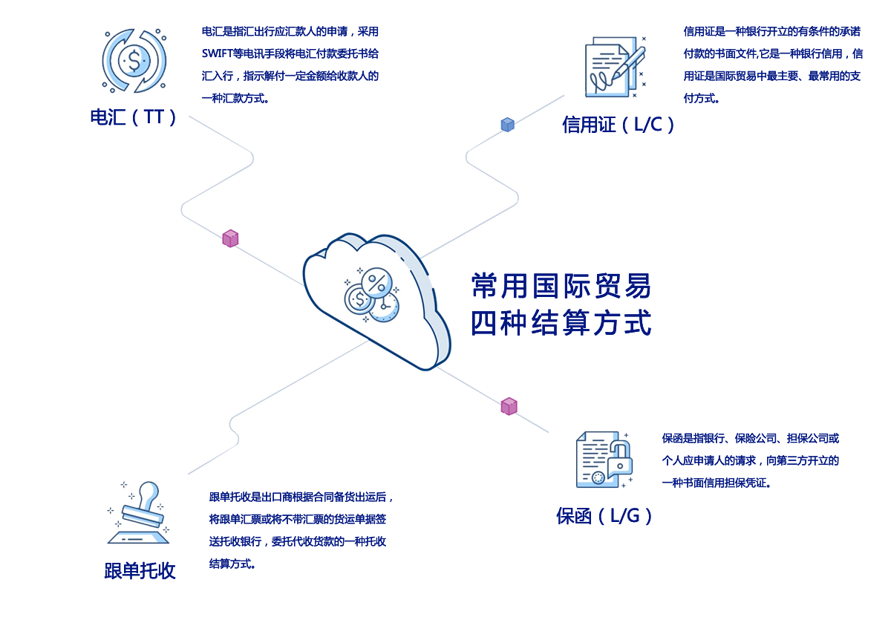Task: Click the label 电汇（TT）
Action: coord(133,117)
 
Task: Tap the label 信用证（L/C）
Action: coord(618,124)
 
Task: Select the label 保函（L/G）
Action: coord(604,515)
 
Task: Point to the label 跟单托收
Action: coord(140,570)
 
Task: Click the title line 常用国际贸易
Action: coord(561,286)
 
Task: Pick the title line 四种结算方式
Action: coord(561,323)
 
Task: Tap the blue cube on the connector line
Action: coord(507,124)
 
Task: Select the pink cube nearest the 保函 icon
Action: coord(509,406)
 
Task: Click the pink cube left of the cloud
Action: coord(230,238)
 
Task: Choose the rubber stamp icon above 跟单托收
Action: coord(139,513)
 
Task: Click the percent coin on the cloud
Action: coord(377,282)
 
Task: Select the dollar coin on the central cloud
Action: coord(359,300)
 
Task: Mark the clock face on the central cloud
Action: coord(385,306)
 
